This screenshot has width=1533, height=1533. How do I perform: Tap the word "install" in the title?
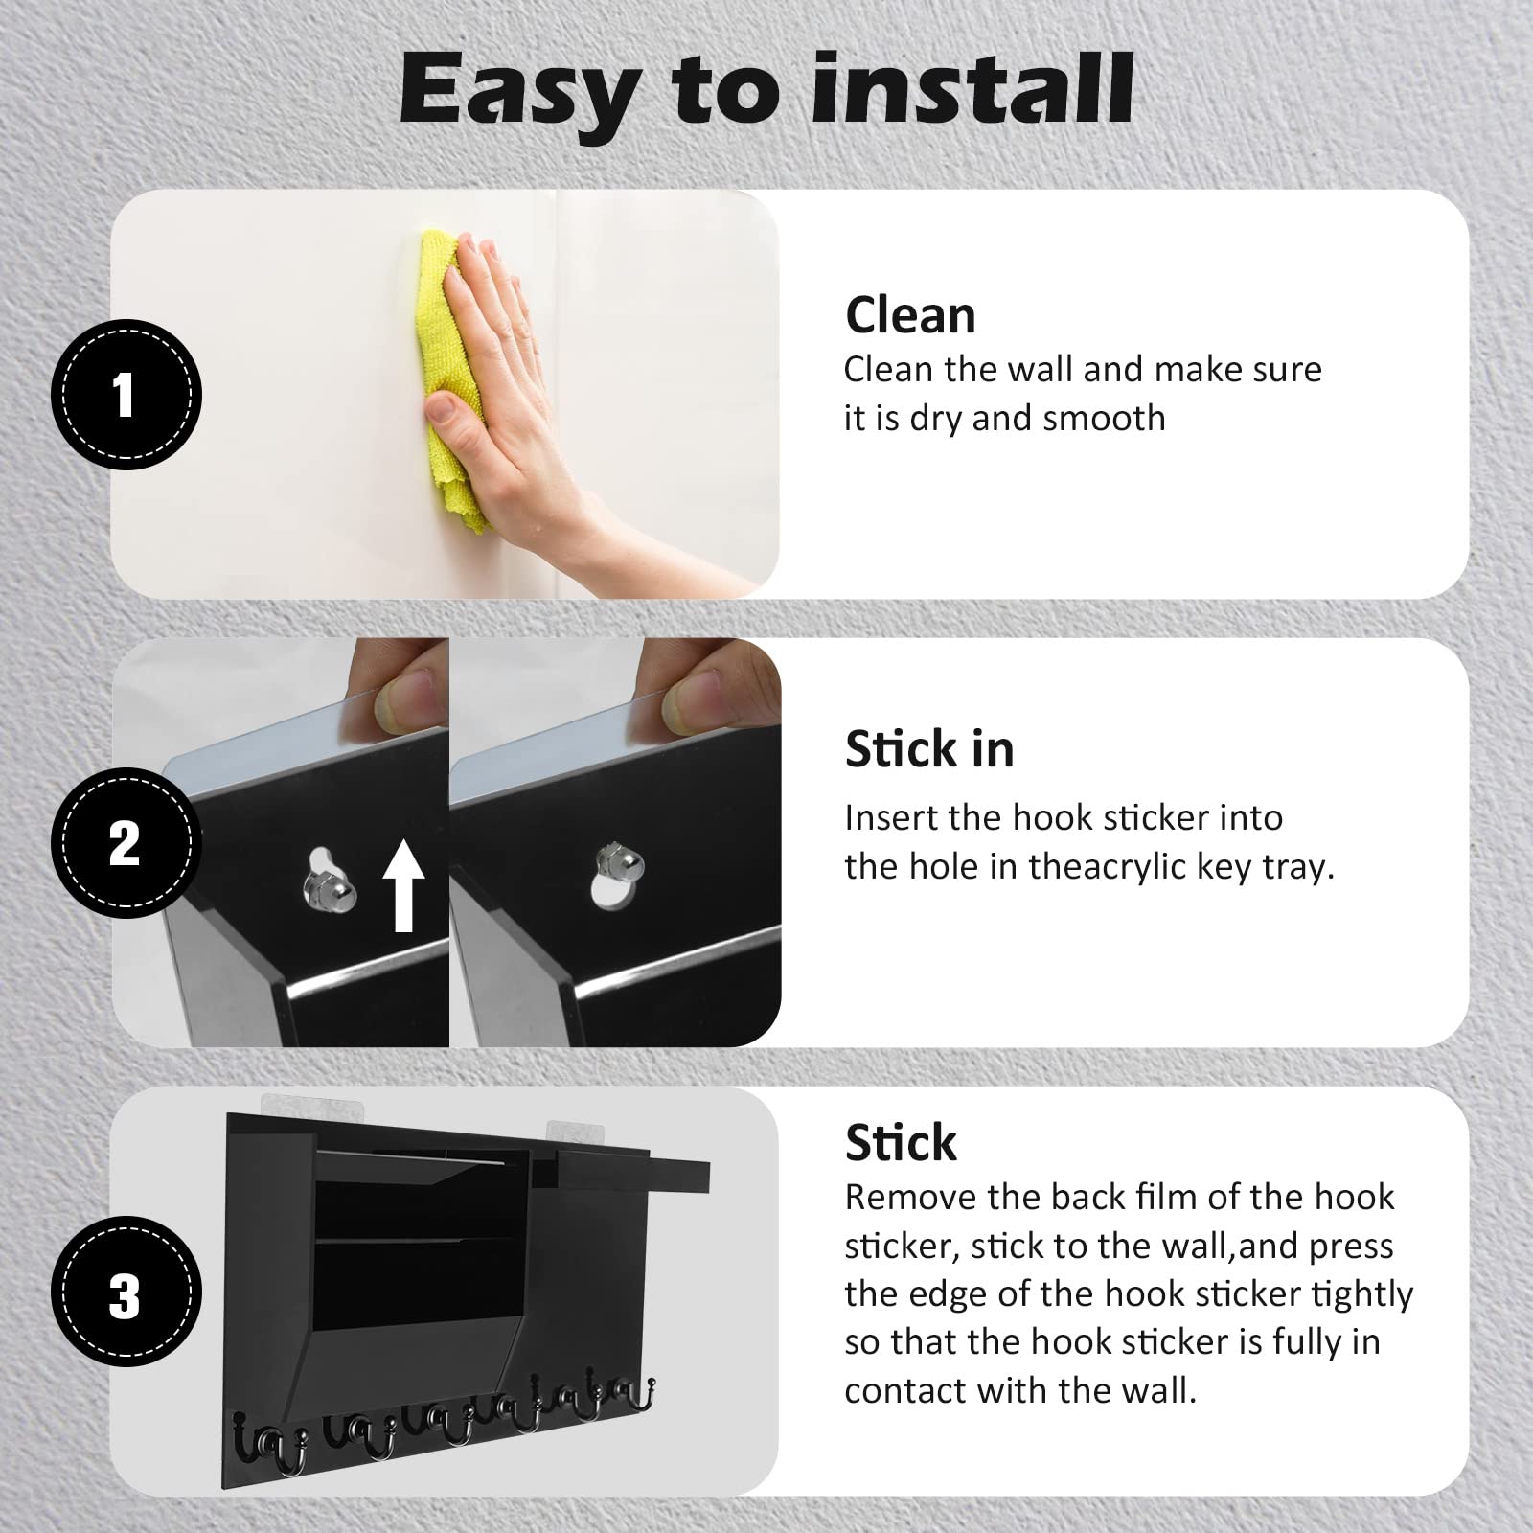976,87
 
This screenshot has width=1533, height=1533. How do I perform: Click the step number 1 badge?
126,395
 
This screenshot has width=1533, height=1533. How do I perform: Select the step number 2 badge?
126,843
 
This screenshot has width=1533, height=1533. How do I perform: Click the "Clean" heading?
910,315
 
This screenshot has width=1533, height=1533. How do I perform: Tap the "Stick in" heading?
929,748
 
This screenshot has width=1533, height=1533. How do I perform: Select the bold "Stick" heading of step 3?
901,1142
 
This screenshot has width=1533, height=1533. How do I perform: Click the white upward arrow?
403,884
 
